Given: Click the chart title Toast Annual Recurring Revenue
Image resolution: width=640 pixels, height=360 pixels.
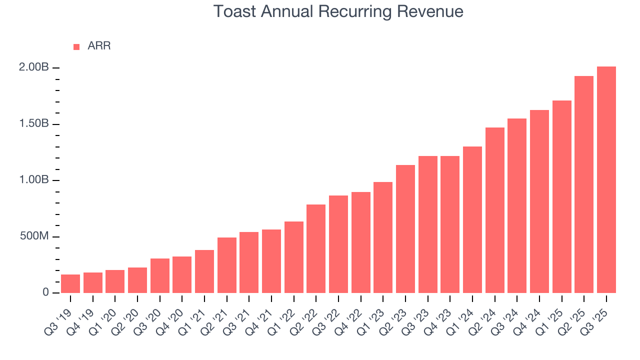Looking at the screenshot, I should (x=338, y=11).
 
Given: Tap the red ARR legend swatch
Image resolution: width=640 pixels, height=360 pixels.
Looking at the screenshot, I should (x=76, y=46).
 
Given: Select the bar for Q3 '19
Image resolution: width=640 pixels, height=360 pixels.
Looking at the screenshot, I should (x=70, y=283).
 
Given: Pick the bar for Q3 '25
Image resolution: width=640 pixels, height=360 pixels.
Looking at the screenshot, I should (x=606, y=179).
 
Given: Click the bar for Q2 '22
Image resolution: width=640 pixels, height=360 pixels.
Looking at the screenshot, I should (x=316, y=248).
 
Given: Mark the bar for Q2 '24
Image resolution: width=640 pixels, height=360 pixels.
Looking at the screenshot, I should (x=494, y=210).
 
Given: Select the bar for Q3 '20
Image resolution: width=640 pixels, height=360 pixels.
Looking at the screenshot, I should (x=160, y=275).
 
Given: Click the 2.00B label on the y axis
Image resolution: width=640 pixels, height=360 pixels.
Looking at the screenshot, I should (x=33, y=67).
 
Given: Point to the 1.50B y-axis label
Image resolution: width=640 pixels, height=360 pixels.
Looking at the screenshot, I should (x=33, y=124).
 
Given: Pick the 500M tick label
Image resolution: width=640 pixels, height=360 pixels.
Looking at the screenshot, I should (x=34, y=236).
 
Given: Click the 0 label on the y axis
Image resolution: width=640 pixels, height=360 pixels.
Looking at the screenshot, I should (x=45, y=292).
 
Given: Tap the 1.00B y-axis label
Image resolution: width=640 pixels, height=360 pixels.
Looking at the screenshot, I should (x=33, y=180).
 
